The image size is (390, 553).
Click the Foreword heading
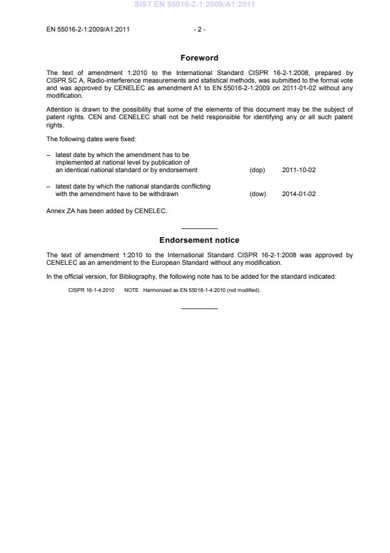(199, 58)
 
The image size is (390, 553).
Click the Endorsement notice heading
(199, 240)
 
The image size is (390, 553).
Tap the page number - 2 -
(199, 29)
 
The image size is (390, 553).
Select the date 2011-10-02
(299, 170)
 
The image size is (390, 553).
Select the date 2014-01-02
(299, 194)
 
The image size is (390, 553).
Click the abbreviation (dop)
(258, 170)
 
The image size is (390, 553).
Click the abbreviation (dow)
(258, 194)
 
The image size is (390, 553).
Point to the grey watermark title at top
(195, 5)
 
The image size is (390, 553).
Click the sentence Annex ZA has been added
(107, 211)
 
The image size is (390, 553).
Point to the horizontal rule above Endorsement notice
(199, 228)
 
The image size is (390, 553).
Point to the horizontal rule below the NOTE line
(199, 308)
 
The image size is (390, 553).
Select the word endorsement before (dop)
(178, 170)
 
